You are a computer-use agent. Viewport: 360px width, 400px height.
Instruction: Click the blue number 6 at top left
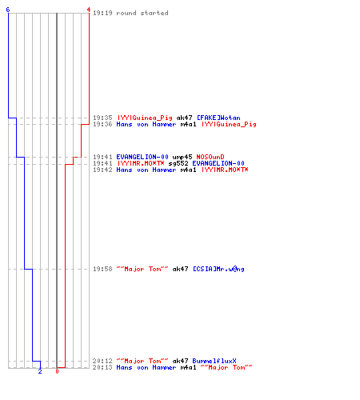coord(8,10)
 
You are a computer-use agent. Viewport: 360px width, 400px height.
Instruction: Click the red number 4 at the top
coord(89,10)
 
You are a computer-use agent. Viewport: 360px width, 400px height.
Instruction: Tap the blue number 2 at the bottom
coord(40,371)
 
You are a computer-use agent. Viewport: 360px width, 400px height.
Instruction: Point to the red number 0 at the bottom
coord(57,371)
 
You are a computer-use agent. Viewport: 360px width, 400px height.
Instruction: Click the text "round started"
coord(142,13)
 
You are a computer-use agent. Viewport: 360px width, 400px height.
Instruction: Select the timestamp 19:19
coord(102,13)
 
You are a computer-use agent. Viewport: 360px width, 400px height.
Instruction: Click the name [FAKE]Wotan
coord(218,118)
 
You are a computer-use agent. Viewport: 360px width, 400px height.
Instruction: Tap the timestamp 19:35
coord(102,118)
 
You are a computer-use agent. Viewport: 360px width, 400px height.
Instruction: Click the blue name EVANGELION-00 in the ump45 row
coord(142,157)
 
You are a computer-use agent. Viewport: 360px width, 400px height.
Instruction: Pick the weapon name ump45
coord(182,157)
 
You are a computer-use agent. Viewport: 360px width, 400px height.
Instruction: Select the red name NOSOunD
coord(210,157)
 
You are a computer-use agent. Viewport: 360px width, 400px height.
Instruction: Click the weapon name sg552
coord(178,163)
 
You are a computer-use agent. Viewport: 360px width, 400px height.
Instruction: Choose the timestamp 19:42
coord(102,170)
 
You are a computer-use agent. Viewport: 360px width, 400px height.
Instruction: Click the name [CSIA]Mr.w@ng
coord(218,269)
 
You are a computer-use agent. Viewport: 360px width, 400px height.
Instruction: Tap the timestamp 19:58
coord(102,269)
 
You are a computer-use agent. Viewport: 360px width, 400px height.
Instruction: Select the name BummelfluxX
coord(214,361)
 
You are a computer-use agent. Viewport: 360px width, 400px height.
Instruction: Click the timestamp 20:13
coord(102,367)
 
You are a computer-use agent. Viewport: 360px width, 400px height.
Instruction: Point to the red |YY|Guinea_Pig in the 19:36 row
coord(229,125)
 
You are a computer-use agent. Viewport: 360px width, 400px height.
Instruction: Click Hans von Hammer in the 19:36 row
coord(146,124)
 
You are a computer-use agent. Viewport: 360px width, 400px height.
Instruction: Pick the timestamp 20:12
coord(102,361)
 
